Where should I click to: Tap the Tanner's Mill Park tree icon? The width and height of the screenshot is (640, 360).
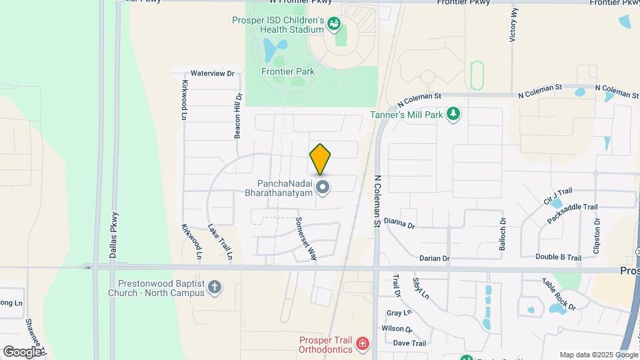pos(453,113)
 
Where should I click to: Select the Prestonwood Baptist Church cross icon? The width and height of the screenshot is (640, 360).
pos(214,287)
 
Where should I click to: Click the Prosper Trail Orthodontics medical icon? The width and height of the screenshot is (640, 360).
pos(362,344)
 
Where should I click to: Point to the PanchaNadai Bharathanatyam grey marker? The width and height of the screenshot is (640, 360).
pos(323,188)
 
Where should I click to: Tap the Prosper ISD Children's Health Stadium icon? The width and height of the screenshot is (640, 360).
pos(335,25)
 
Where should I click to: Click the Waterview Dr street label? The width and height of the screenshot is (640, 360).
pos(213,73)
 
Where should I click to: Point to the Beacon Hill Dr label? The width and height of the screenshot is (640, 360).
pos(237,115)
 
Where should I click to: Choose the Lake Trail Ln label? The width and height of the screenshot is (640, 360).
pos(221,241)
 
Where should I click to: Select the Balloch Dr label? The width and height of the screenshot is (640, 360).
pos(503,234)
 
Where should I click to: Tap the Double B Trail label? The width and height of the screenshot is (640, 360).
pos(558,257)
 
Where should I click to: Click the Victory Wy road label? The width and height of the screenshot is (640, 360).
pos(513,25)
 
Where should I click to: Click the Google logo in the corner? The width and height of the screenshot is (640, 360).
pos(22,351)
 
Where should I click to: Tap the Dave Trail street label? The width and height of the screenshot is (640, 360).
pos(409,343)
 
